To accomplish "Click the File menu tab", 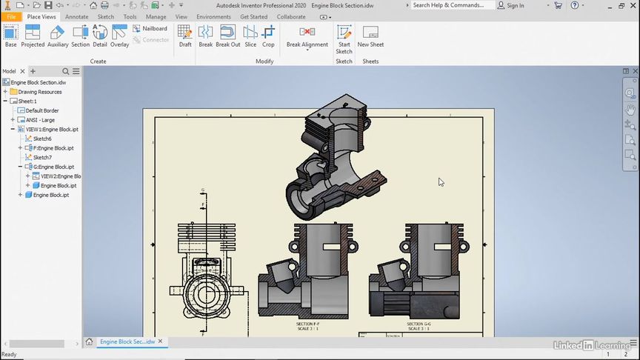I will point(11,16).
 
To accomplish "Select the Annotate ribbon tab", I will point(76,16).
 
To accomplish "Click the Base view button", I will point(10,36).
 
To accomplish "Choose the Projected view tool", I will point(33,36).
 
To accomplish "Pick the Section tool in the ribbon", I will point(80,36).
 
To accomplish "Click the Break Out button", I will point(228,36).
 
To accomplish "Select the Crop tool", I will point(268,36).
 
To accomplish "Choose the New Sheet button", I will point(370,36).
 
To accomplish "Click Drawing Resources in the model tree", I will point(40,92).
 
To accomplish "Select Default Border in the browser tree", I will point(41,110).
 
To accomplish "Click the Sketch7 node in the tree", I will point(42,157).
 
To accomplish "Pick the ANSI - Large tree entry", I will point(40,120).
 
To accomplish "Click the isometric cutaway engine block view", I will point(333,156).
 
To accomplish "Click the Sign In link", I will point(515,5).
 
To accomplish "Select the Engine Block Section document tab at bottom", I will point(127,341).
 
